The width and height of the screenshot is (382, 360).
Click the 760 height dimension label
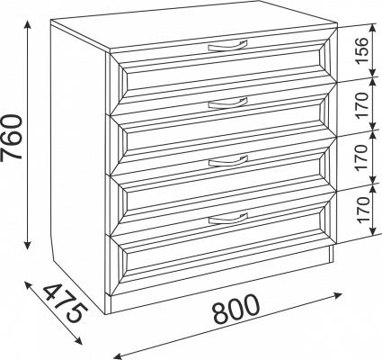pos(12,137)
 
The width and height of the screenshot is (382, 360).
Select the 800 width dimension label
pos(235,309)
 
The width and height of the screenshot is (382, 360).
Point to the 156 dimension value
pos(361,50)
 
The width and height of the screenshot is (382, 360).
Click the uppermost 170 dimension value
pos(361,105)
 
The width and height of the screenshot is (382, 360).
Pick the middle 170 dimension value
pos(361,157)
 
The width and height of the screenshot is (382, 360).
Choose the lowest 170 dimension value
pos(361,210)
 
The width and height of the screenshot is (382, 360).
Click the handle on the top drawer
pos(227,47)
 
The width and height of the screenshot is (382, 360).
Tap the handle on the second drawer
pos(227,103)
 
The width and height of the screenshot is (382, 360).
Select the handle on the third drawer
pos(227,161)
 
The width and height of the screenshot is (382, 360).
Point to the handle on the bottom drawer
pos(227,219)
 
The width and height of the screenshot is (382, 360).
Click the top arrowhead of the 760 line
pos(28,25)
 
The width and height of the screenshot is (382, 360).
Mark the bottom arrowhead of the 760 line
pos(28,244)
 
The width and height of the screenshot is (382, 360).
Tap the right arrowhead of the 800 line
pos(337,295)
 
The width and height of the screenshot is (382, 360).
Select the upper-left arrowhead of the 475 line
pos(29,285)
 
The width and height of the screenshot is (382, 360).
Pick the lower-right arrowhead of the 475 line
pos(77,340)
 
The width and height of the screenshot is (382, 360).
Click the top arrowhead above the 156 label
pos(372,29)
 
